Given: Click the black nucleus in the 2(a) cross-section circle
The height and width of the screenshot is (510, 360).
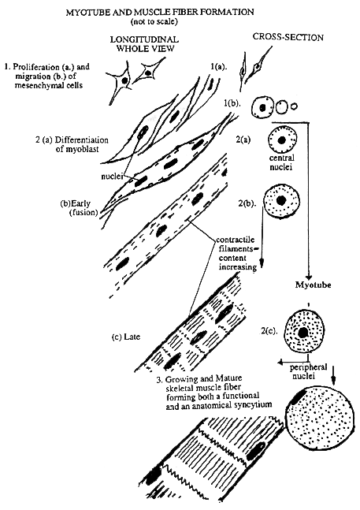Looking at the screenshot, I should pos(282,143).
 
